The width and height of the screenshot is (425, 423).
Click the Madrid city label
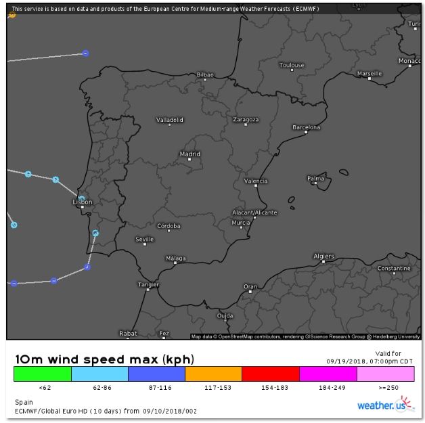coord(189,154)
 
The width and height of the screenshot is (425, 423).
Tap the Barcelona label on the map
coord(306,127)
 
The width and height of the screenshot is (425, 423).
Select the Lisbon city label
coord(82,202)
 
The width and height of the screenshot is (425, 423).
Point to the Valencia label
coord(256,181)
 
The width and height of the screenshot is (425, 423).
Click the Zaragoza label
coord(246,120)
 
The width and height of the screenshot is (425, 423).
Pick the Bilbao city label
coord(204,74)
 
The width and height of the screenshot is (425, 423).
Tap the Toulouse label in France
coord(292,65)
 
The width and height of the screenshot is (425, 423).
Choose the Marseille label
coord(370,73)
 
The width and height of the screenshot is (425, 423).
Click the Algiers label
coord(323,257)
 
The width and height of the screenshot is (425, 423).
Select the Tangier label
coord(148,285)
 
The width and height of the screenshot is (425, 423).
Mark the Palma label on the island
coord(316,178)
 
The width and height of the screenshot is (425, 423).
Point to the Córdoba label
coord(169,226)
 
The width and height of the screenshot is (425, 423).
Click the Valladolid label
coord(170,120)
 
